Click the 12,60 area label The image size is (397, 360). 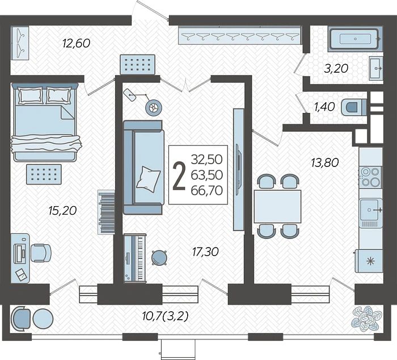(76, 43)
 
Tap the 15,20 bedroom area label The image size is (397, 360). (62, 211)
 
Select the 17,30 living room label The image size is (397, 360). (205, 252)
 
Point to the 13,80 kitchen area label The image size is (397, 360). (325, 162)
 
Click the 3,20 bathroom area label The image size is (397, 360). (336, 69)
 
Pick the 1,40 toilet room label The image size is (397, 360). (324, 107)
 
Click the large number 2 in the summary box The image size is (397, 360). (179, 175)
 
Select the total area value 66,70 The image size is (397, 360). (207, 190)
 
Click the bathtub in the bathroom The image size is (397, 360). (355, 39)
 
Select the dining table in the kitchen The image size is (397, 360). (277, 206)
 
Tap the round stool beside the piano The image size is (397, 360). (159, 258)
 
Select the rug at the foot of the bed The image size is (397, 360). (44, 174)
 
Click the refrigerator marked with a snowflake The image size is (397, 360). (369, 261)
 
